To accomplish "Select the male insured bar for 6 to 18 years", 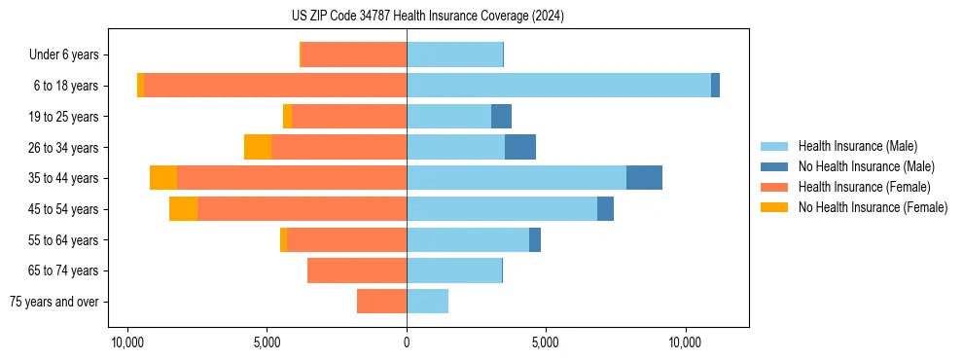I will pyautogui.click(x=558, y=86).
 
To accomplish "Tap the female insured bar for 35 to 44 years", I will pyautogui.click(x=292, y=178).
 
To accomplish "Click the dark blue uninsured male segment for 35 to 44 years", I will pyautogui.click(x=644, y=178).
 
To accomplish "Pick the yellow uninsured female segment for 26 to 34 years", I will pyautogui.click(x=258, y=147).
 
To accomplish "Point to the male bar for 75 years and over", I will pyautogui.click(x=427, y=302).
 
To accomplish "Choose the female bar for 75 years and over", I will pyautogui.click(x=381, y=302).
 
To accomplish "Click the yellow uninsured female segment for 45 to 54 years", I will pyautogui.click(x=183, y=209).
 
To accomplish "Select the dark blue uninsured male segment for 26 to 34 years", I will pyautogui.click(x=520, y=147).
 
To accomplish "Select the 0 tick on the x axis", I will pyautogui.click(x=407, y=342).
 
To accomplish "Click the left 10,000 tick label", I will pyautogui.click(x=127, y=342).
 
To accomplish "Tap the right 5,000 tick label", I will pyautogui.click(x=546, y=342).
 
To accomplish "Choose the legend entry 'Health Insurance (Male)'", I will pyautogui.click(x=857, y=146).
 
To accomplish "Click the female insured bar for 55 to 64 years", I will pyautogui.click(x=346, y=240).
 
